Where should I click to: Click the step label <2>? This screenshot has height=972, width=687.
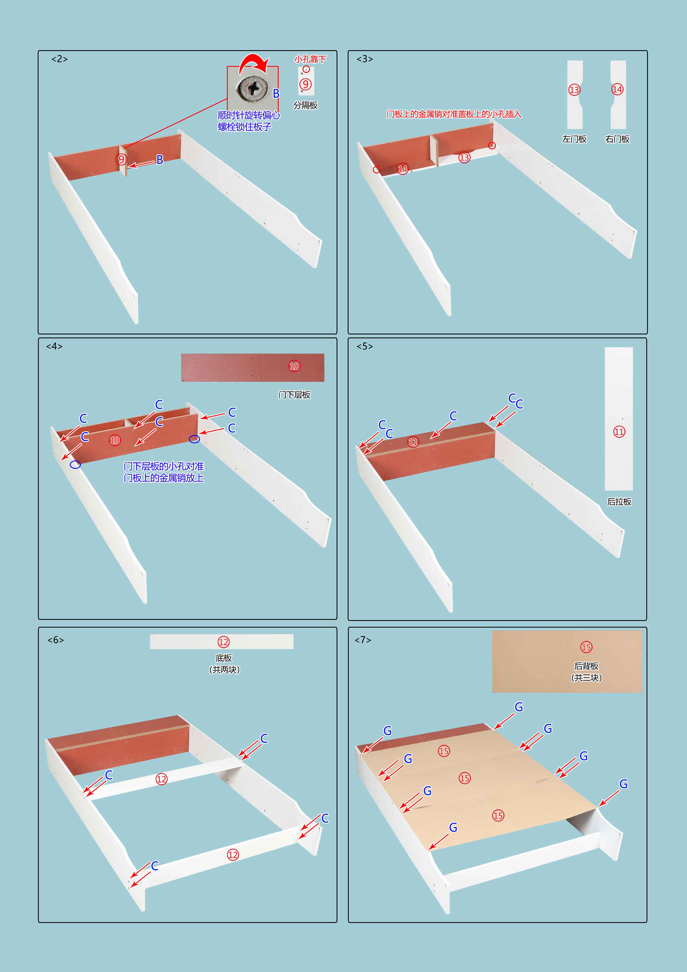[60, 59]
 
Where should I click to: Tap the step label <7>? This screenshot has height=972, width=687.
[363, 640]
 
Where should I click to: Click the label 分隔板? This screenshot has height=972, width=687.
[306, 105]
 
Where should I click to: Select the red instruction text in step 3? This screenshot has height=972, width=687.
[454, 114]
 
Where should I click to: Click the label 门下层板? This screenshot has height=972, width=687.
[294, 395]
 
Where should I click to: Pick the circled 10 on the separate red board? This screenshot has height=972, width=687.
[294, 366]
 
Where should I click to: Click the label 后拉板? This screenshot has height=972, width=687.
[619, 502]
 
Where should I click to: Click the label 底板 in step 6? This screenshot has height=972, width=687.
[224, 658]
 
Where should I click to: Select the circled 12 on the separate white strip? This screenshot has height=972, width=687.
[224, 642]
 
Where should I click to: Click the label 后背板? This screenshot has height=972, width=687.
[586, 666]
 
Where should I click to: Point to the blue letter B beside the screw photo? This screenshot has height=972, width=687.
[276, 94]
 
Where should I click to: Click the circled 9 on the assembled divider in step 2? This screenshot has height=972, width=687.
[122, 159]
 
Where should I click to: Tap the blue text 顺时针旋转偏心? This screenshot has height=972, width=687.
[249, 115]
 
